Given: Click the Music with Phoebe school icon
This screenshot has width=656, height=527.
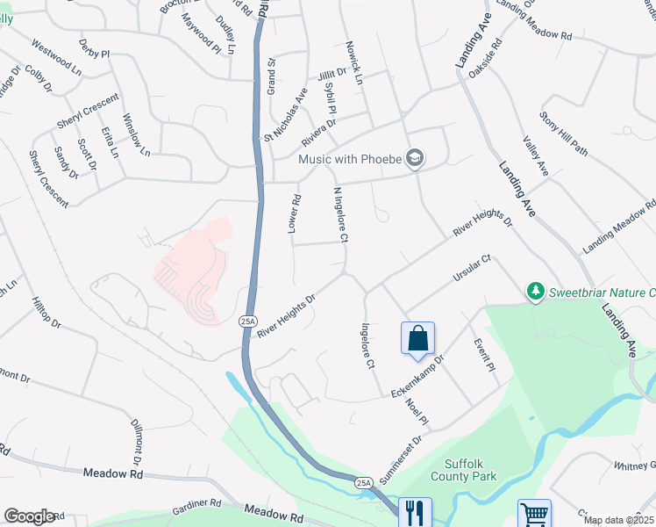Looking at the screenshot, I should pyautogui.click(x=415, y=159).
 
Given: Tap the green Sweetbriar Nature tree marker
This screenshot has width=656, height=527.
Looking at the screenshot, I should pyautogui.click(x=534, y=291).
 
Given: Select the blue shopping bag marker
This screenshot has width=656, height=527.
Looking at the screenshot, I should pyautogui.click(x=417, y=339).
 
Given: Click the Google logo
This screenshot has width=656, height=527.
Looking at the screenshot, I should pyautogui.click(x=29, y=516).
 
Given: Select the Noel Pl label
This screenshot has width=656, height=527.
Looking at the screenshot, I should pyautogui.click(x=417, y=412).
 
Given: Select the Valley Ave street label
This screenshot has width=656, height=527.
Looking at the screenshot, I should pyautogui.click(x=534, y=156).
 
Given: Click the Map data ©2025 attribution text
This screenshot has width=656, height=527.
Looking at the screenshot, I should pyautogui.click(x=619, y=520).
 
